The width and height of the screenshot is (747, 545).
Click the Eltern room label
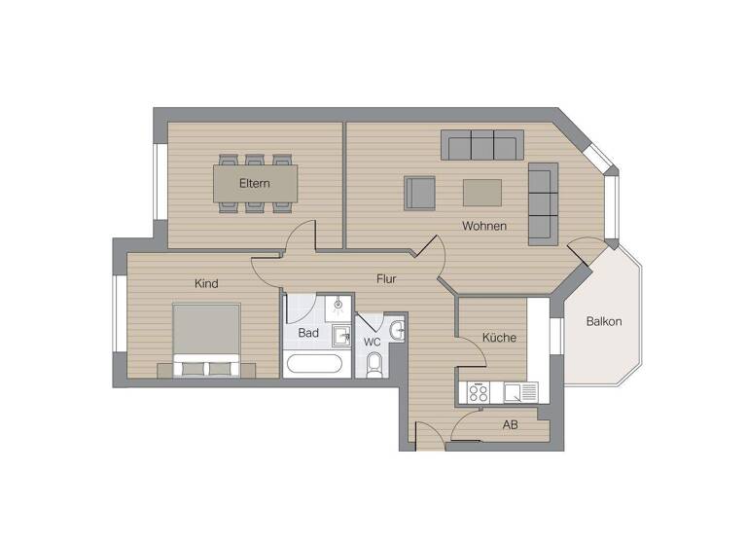(x=255, y=183)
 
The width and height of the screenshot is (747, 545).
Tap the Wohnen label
(x=483, y=227)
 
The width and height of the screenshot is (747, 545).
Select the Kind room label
(x=206, y=284)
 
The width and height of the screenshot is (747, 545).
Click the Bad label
(x=308, y=333)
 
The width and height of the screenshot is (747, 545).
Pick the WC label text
(x=372, y=343)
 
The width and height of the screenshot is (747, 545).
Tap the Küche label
(x=499, y=338)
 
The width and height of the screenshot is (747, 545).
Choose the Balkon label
(x=604, y=321)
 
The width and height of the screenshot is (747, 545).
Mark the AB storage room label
(x=510, y=425)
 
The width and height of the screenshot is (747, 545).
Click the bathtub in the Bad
(x=314, y=365)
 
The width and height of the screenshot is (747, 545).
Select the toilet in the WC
(x=375, y=365)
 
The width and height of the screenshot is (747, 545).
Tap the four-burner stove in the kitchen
(x=479, y=392)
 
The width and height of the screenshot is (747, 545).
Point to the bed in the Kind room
(x=206, y=339)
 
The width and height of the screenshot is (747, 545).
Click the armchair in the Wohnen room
(x=420, y=193)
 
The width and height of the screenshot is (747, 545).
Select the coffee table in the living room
(x=482, y=193)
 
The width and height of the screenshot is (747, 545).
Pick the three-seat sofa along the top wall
(x=482, y=145)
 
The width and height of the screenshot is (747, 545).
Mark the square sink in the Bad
(x=341, y=336)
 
